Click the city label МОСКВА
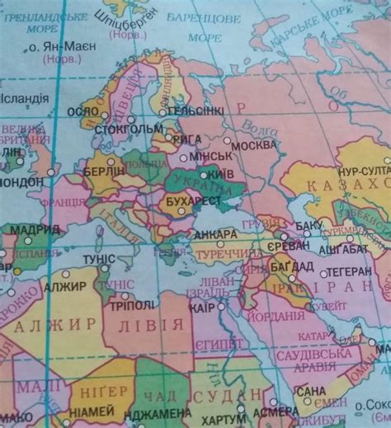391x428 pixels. click(x=255, y=145)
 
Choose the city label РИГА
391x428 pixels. click(x=189, y=139)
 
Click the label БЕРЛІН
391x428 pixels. click(x=105, y=172)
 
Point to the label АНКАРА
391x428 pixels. click(x=214, y=234)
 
